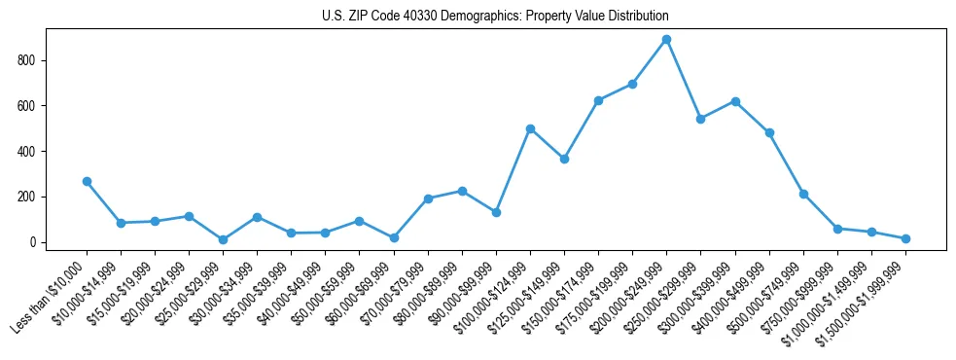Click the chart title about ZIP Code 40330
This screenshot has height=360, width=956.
495,17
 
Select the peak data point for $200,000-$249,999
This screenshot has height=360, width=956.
666,40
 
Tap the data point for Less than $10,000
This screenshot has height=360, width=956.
87,182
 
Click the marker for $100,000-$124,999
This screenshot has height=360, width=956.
530,128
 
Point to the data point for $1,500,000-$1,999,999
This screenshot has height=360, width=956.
905,238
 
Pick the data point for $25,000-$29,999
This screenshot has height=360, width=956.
223,239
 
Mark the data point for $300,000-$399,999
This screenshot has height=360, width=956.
735,101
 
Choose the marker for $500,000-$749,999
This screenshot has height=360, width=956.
803,194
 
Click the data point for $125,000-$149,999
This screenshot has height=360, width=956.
564,159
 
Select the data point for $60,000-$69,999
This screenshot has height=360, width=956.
394,237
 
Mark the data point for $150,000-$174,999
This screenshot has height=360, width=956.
598,100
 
